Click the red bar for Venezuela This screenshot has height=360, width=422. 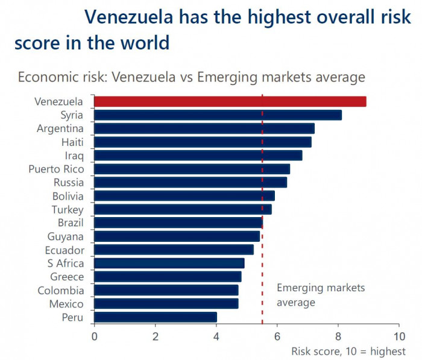tap(230, 101)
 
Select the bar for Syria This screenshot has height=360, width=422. tap(218, 115)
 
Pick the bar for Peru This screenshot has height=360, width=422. tap(155, 317)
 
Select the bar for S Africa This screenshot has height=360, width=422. tap(169, 264)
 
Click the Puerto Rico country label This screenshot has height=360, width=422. tap(57, 169)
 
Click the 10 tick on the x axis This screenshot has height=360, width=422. tap(398, 335)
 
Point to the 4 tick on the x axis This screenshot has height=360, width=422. tap(216, 335)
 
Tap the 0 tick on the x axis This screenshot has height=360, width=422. tap(94, 335)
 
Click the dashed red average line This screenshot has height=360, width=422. tap(262, 253)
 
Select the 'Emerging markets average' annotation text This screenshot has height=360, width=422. tap(320, 295)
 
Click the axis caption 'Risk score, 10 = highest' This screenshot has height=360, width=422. tap(348, 351)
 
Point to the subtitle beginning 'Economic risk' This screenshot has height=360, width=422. tap(191, 77)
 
